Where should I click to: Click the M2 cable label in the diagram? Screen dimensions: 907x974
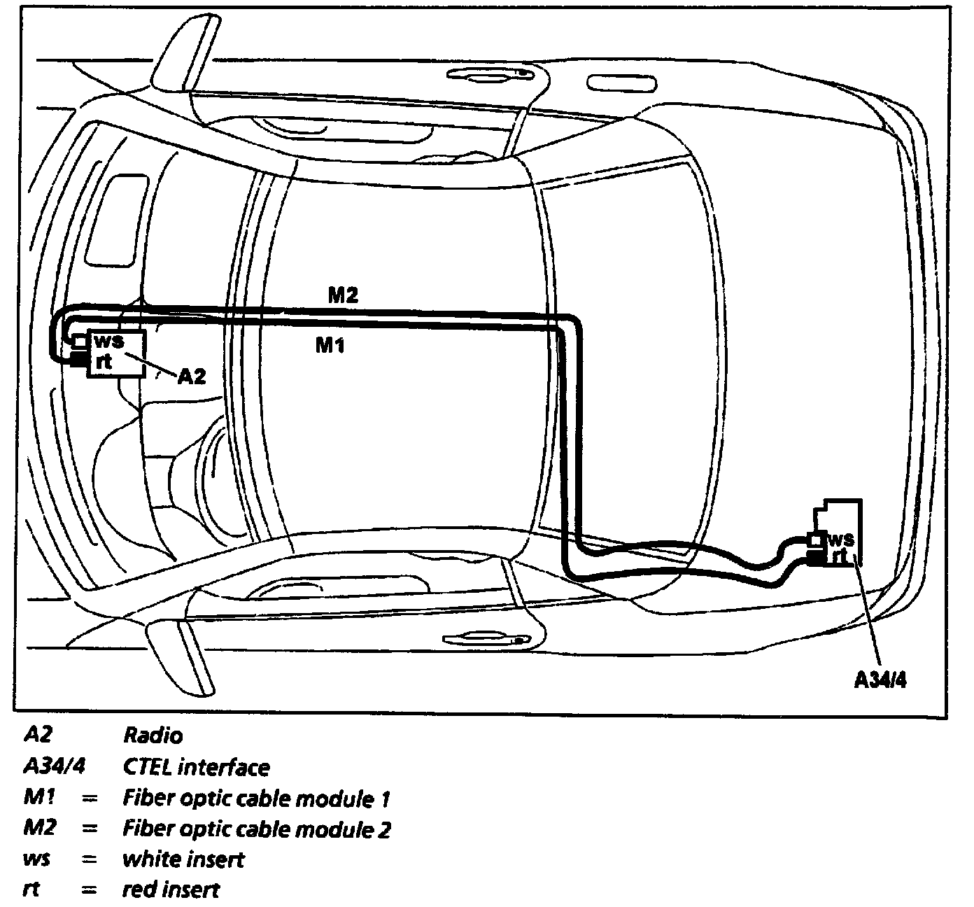[343, 295]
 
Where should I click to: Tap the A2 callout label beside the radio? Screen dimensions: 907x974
[191, 377]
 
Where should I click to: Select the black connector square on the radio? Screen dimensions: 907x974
[78, 360]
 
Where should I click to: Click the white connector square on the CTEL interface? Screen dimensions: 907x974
[815, 540]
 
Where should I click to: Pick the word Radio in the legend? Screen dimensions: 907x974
[153, 736]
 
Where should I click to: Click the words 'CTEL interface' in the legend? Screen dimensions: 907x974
[196, 767]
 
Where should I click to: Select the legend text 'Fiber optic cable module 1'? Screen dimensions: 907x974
[256, 799]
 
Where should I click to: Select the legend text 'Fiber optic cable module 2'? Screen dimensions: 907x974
[256, 829]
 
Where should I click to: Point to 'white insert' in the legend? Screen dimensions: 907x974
[183, 859]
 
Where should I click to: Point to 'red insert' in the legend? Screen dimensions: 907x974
[171, 890]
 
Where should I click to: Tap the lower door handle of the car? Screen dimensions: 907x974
[490, 638]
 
